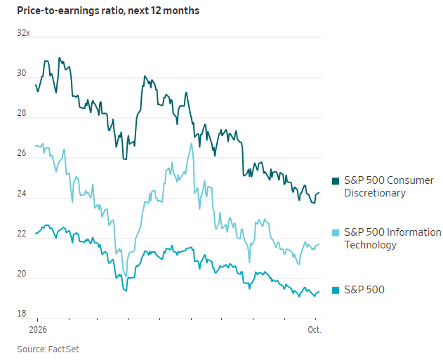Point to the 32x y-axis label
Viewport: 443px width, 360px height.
(x=23, y=33)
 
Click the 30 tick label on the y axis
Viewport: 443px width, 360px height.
(x=22, y=73)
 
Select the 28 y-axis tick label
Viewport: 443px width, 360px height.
(x=22, y=113)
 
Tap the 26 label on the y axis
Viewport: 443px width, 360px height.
(x=22, y=153)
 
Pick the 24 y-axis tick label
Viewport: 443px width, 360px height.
(x=22, y=194)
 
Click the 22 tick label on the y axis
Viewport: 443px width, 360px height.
(x=22, y=234)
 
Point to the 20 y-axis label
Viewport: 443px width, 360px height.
(x=22, y=274)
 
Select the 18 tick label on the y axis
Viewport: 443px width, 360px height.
(x=22, y=314)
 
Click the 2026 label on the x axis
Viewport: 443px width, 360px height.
(x=38, y=330)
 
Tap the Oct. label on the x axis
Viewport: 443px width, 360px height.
(x=315, y=330)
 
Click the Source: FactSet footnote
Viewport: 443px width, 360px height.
(x=48, y=349)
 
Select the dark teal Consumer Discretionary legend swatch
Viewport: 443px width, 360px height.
(x=336, y=181)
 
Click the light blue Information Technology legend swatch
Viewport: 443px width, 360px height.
(x=336, y=233)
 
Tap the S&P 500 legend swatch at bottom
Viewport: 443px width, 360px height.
(x=336, y=291)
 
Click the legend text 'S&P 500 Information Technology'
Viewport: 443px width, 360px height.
(x=392, y=239)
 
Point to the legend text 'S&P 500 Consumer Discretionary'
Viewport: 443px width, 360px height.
(x=389, y=187)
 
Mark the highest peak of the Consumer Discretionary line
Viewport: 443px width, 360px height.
(x=59, y=58)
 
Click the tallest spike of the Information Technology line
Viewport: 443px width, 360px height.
(x=192, y=143)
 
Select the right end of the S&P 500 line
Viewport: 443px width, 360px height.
(x=319, y=292)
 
